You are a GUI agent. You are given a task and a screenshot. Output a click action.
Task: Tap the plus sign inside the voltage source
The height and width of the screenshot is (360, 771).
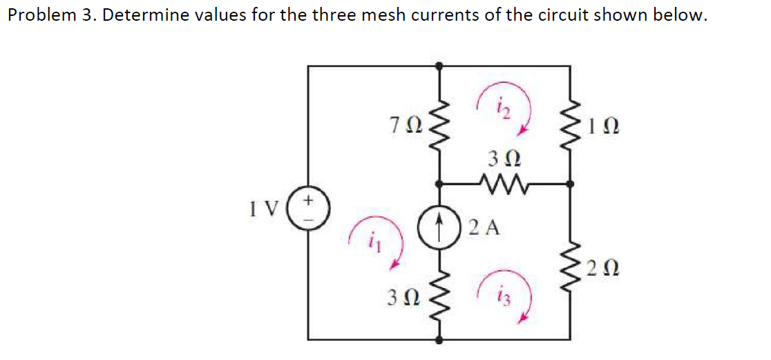310,200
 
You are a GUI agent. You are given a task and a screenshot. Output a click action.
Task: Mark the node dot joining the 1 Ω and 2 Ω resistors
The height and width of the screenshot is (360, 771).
570,184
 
